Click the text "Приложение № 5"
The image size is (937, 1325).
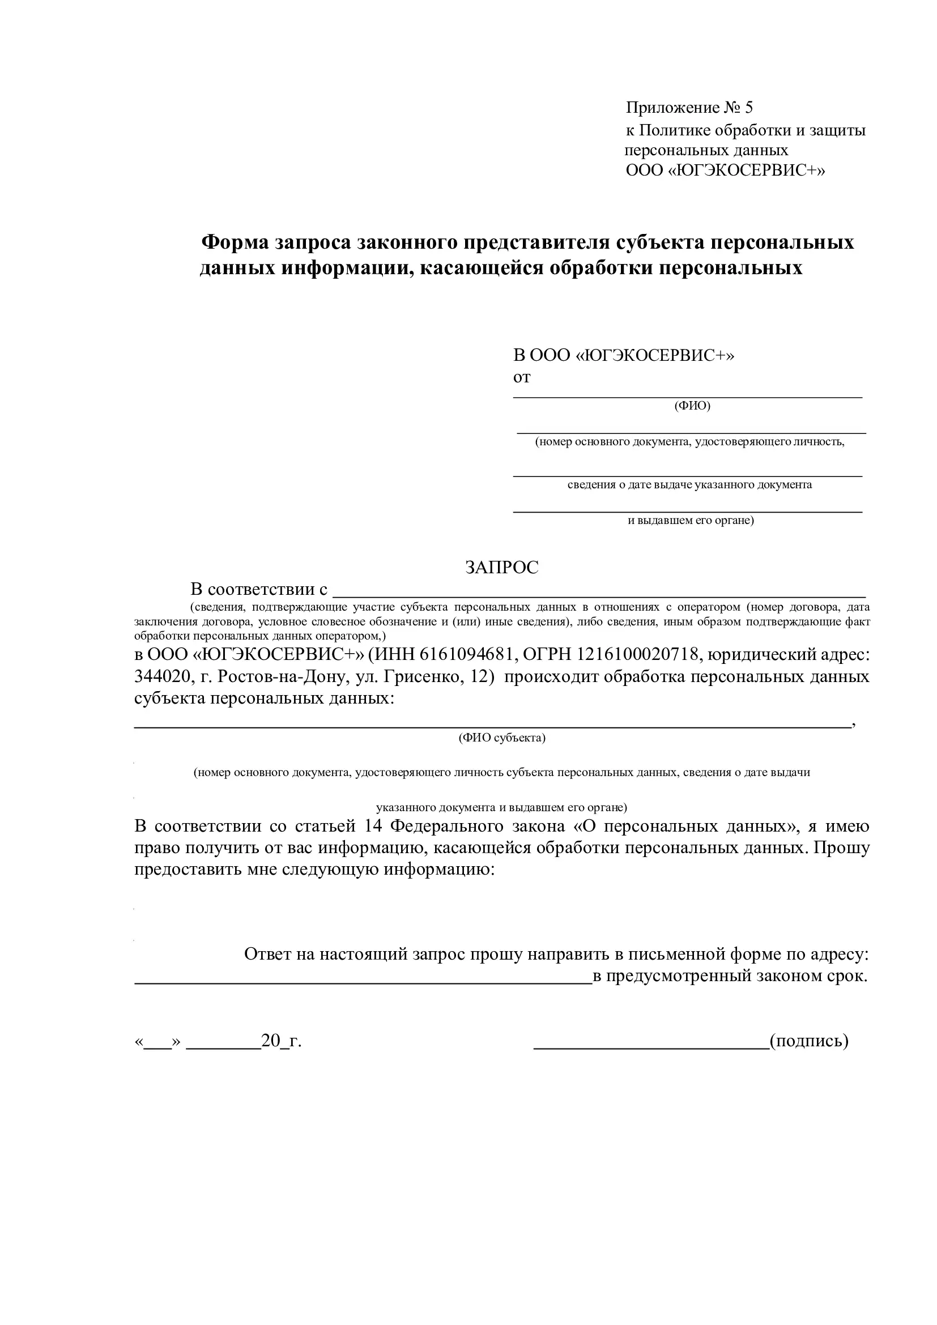pyautogui.click(x=689, y=108)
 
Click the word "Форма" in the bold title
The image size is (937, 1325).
pyautogui.click(x=235, y=242)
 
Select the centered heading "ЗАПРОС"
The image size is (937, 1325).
pyautogui.click(x=501, y=567)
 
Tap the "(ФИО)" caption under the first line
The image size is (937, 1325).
pyautogui.click(x=692, y=406)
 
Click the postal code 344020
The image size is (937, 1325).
pyautogui.click(x=162, y=676)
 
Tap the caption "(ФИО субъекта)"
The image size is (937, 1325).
pyautogui.click(x=501, y=738)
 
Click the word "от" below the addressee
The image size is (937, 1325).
pyautogui.click(x=522, y=377)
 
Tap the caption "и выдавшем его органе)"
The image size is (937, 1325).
pyautogui.click(x=691, y=521)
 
